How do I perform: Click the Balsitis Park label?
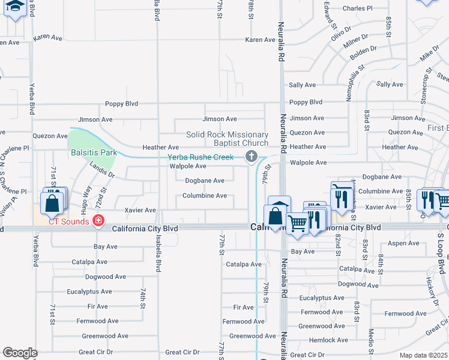[94, 152]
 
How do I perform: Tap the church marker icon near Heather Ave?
[252, 157]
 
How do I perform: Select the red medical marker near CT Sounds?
[97, 221]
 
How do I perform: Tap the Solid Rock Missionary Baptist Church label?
[227, 139]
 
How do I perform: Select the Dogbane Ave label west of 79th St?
[205, 181]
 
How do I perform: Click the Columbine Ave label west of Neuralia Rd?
[205, 196]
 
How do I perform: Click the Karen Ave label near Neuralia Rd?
[260, 40]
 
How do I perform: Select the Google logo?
[20, 353]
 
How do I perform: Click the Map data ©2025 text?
[424, 355]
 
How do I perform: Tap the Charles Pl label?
[357, 9]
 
